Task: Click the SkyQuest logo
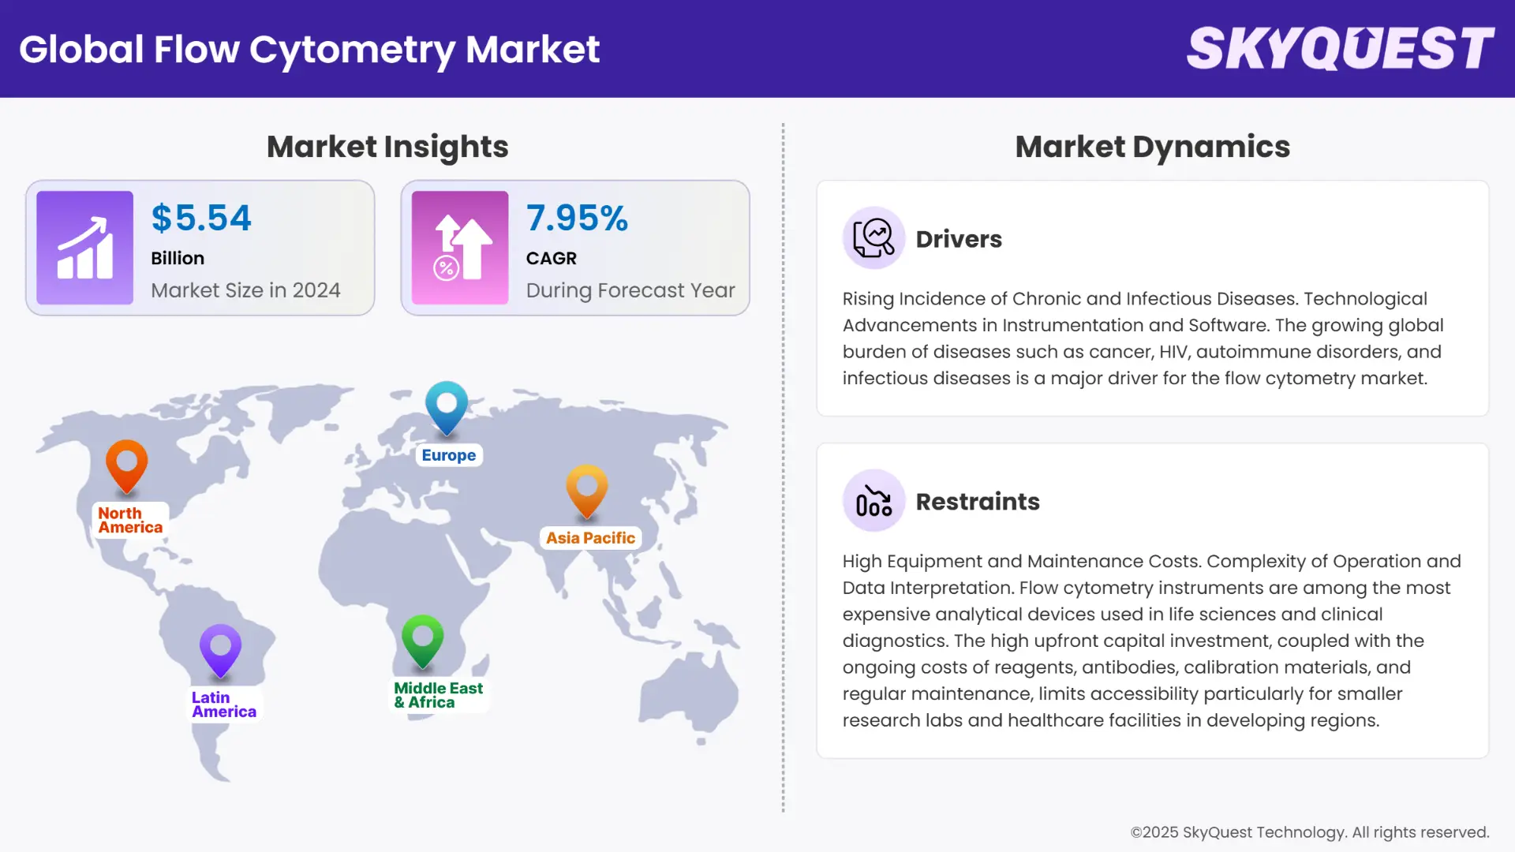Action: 1340,49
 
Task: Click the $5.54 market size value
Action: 201,219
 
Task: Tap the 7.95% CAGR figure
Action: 577,219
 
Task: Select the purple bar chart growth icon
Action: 85,248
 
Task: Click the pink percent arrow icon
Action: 460,248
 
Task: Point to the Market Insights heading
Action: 387,147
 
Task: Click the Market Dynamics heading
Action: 1152,147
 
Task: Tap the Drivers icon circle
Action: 873,237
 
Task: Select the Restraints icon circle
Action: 873,500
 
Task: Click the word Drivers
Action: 959,239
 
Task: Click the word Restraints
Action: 978,502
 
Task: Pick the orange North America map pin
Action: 126,465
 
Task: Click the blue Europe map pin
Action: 447,406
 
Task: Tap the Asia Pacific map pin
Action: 587,490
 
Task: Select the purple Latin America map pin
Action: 220,649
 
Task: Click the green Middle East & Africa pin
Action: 422,640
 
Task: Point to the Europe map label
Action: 448,455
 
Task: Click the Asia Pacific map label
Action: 590,538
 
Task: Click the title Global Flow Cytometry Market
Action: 309,49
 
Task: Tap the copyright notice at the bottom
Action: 1309,832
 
